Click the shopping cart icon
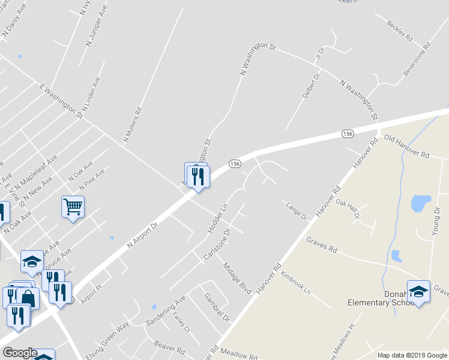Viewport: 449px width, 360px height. tap(73, 207)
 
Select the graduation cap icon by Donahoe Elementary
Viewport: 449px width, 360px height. tap(418, 292)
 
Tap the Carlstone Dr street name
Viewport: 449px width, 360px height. tap(217, 244)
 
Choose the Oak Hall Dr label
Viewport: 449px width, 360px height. tap(348, 208)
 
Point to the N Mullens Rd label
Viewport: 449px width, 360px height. tap(133, 125)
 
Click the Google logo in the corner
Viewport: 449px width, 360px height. tap(19, 353)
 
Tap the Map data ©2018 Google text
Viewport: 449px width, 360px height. tap(412, 355)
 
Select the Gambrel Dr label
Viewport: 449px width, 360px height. tap(217, 307)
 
